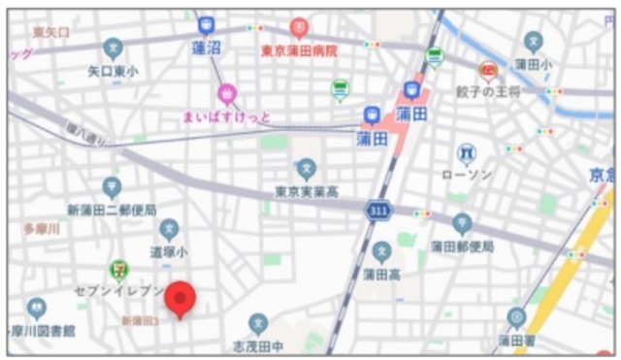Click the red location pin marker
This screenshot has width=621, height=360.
coord(180,298)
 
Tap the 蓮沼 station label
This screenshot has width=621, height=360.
coord(207,47)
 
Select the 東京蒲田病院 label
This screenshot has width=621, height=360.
coord(299,50)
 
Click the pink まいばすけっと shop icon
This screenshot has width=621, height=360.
coord(227,94)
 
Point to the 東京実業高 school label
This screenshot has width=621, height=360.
coord(306,190)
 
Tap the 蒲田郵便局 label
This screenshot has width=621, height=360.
coord(462,246)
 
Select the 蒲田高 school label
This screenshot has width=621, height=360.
coord(381,275)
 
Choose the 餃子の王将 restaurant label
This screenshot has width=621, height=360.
coord(488,92)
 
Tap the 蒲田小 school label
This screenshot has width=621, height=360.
coord(533,64)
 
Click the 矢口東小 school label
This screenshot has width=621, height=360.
coord(113,70)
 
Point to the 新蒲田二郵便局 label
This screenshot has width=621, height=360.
coord(112,210)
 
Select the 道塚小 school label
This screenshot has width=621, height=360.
coord(169,250)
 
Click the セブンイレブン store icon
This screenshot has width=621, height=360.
coord(118,268)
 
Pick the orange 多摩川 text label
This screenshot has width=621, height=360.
coord(42,229)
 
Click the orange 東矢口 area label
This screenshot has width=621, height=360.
coord(50,32)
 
